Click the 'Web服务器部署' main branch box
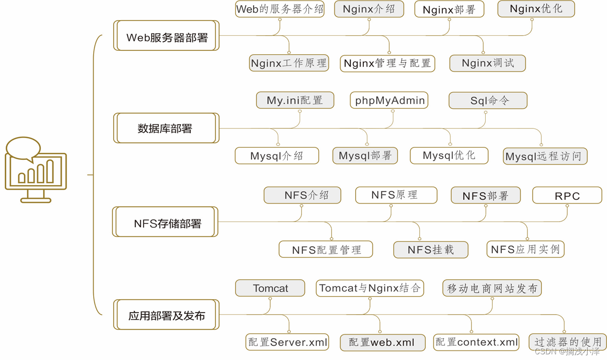tap(166, 36)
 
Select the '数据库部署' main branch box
tap(166, 128)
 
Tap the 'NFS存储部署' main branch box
tap(165, 222)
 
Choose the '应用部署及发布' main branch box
tap(166, 314)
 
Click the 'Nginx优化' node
tap(536, 9)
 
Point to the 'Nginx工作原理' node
tap(289, 63)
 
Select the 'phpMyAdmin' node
tap(389, 100)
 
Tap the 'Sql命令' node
tap(488, 100)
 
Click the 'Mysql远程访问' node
tap(545, 156)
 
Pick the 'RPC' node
tap(567, 195)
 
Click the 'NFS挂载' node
tap(431, 250)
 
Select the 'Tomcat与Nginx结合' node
tap(370, 288)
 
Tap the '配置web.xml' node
tap(382, 343)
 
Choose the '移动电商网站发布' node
tap(492, 288)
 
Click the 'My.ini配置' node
tap(295, 100)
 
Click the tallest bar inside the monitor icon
tap(50, 171)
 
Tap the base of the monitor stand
tap(36, 201)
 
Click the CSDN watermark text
tap(567, 351)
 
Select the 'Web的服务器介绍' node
tap(280, 9)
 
